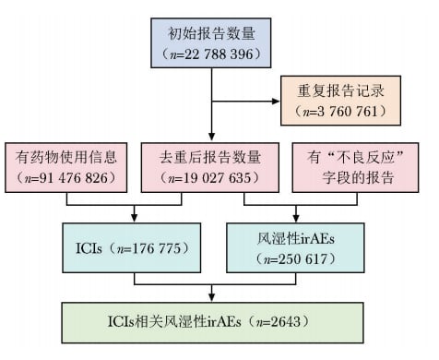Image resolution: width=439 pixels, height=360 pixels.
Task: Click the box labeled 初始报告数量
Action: [213, 42]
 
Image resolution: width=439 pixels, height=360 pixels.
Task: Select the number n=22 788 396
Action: [213, 54]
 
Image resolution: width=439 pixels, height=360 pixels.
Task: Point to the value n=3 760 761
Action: [342, 114]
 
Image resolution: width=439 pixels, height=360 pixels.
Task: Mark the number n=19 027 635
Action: [212, 178]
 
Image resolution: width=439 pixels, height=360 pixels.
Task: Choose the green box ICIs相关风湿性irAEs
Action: [212, 320]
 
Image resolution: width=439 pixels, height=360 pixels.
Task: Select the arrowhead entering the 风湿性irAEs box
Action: [289, 219]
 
